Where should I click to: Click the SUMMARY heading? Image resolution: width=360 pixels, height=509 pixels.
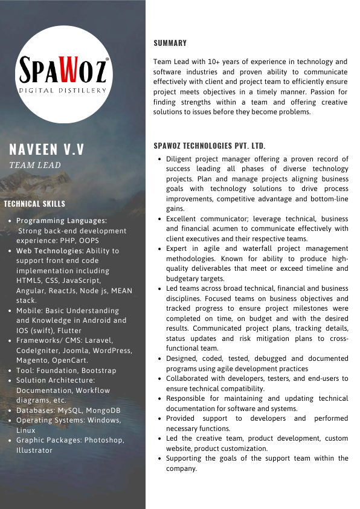tap(170, 43)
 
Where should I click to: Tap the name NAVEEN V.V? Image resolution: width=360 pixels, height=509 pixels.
tap(47, 149)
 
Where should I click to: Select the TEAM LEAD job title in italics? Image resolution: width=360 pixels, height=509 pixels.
tap(35, 164)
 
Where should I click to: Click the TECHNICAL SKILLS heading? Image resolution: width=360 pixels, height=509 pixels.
tap(34, 204)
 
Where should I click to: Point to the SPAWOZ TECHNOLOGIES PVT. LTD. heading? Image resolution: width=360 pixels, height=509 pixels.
tap(210, 146)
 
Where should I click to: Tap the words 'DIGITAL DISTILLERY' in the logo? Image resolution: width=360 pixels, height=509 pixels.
tap(63, 90)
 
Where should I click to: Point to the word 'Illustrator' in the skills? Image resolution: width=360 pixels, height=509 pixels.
tap(34, 450)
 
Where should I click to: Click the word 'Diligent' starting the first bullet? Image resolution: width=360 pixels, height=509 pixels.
tap(180, 159)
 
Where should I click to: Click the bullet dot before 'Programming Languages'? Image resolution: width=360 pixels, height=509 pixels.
tap(10, 221)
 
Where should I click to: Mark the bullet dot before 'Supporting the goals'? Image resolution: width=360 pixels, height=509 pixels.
tap(159, 459)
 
